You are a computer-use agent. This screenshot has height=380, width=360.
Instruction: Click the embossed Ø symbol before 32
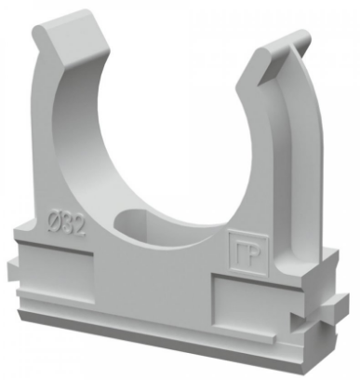click(54, 221)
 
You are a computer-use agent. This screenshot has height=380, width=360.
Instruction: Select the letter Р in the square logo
click(253, 254)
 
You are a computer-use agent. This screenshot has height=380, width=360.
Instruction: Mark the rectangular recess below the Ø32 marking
click(56, 272)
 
